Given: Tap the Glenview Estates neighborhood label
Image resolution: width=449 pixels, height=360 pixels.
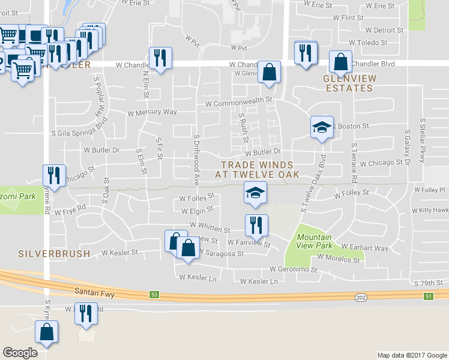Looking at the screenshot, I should (348, 83).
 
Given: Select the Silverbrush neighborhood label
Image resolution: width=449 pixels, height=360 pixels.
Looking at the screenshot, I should (54, 254).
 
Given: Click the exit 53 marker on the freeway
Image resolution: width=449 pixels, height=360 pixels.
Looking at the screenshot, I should (154, 295).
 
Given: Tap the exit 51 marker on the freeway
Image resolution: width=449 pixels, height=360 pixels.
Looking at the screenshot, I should (429, 296).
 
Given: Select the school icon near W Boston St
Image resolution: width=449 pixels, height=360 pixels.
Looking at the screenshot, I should (322, 127).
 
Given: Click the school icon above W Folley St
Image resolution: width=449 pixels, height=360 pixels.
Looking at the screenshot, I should (255, 193).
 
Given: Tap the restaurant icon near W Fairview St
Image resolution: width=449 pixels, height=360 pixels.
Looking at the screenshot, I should (256, 225).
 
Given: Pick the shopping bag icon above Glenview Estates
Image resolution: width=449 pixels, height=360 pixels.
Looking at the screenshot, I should (340, 62).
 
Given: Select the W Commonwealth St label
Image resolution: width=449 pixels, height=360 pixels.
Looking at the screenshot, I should (238, 103).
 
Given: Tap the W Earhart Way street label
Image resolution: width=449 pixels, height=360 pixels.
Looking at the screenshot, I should (364, 248).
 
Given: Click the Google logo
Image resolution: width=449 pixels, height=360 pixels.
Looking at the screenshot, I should (20, 353).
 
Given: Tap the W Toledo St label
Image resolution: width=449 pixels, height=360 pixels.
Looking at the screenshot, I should (368, 43).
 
